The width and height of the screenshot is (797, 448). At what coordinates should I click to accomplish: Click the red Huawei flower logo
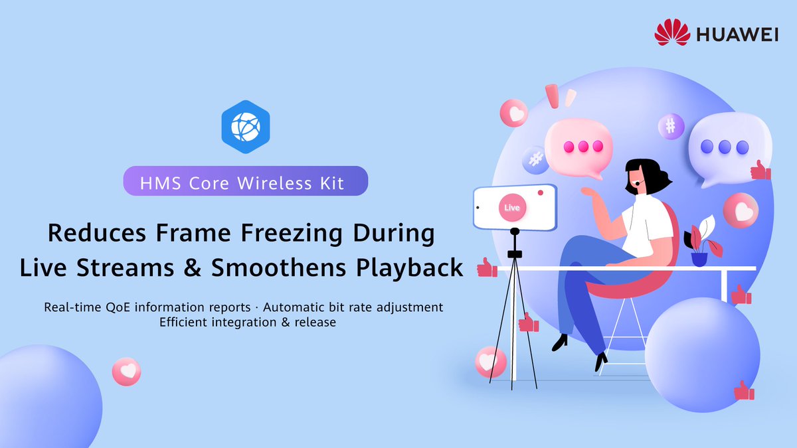tap(671, 33)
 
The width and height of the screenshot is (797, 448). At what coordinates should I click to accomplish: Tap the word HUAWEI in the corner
tap(737, 34)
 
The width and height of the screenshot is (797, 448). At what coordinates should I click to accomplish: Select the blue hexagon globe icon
tap(245, 123)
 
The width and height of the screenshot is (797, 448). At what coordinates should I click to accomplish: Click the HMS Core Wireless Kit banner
tap(245, 181)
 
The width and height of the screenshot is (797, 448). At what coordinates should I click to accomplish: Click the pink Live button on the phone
tap(512, 208)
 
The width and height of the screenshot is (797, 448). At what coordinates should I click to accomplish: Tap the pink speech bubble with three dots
tap(578, 147)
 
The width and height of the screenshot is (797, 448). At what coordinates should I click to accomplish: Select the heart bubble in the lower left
tap(126, 371)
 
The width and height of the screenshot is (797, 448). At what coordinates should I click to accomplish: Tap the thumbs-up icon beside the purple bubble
tap(760, 171)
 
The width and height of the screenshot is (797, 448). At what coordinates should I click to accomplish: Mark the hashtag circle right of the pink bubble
tap(671, 125)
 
